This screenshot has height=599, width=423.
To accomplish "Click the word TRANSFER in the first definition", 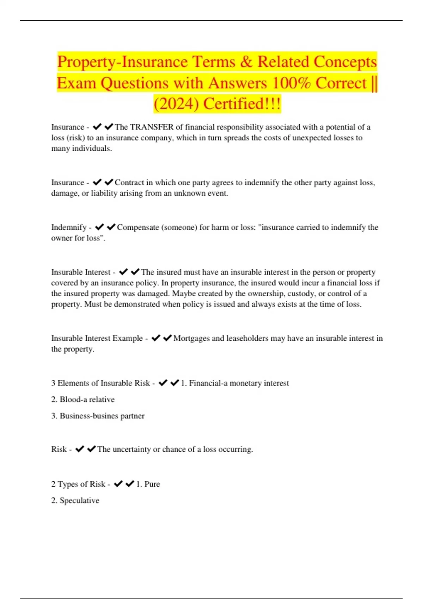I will pyautogui.click(x=152, y=127).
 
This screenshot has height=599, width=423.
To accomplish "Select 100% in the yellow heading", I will pyautogui.click(x=291, y=83).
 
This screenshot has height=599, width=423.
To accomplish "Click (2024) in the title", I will pyautogui.click(x=176, y=104).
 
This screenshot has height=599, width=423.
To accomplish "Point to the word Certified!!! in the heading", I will pyautogui.click(x=242, y=104).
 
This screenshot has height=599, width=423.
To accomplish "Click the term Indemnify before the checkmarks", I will pyautogui.click(x=69, y=227).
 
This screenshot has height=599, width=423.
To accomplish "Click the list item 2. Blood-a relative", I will pyautogui.click(x=83, y=400).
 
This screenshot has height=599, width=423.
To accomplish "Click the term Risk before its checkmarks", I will pyautogui.click(x=59, y=449).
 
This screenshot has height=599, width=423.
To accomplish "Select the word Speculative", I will pyautogui.click(x=79, y=501).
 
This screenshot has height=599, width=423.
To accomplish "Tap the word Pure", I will pyautogui.click(x=152, y=484).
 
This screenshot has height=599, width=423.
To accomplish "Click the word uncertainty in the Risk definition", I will pyautogui.click(x=131, y=449).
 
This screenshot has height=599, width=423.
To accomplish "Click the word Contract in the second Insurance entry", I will pyautogui.click(x=129, y=183).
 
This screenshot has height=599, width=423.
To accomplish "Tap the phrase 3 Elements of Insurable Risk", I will pyautogui.click(x=100, y=383).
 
